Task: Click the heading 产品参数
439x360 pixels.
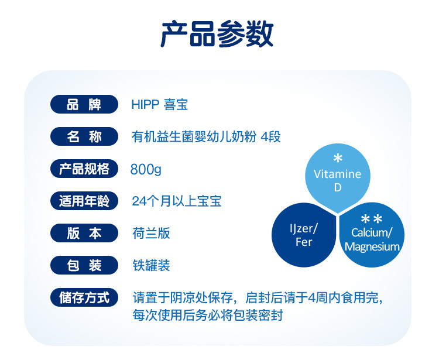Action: click(217, 34)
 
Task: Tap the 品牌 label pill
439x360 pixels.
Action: click(84, 104)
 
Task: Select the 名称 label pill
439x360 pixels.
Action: click(84, 136)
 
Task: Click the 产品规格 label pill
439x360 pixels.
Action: click(84, 169)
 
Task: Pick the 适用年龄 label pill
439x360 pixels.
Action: click(84, 201)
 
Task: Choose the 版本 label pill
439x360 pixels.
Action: click(84, 233)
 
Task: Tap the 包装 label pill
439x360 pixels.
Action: click(84, 265)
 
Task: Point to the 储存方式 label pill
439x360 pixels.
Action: click(84, 297)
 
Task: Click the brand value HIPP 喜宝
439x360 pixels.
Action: click(160, 104)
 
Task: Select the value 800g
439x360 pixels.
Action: click(146, 169)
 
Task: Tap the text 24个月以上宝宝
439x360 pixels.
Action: click(177, 201)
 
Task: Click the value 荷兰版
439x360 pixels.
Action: click(151, 234)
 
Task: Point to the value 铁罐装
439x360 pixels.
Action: click(151, 265)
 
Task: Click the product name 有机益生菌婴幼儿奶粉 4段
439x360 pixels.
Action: click(206, 137)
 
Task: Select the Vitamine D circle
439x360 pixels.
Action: click(338, 177)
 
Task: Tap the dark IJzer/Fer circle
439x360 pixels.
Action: click(304, 235)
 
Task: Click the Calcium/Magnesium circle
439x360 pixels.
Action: click(372, 235)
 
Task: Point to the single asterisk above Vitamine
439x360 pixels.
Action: click(338, 158)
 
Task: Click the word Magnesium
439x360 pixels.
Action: click(372, 246)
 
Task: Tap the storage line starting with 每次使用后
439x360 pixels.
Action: click(207, 315)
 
